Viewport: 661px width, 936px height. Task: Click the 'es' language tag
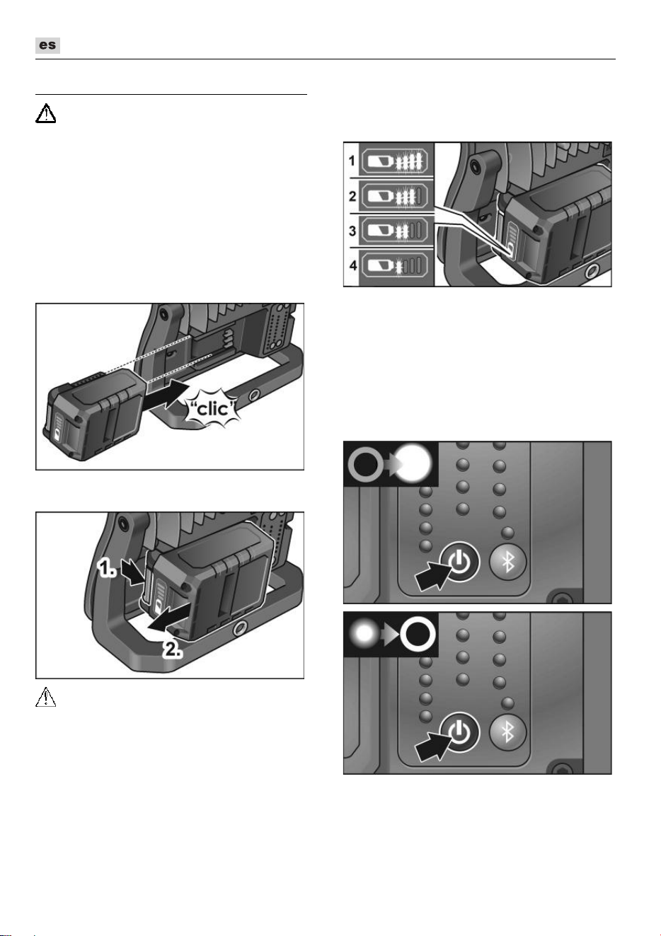pyautogui.click(x=47, y=45)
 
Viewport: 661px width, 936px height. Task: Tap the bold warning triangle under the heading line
pyautogui.click(x=45, y=113)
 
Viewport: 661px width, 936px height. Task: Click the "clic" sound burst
pyautogui.click(x=214, y=408)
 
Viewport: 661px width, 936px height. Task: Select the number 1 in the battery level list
pyautogui.click(x=352, y=161)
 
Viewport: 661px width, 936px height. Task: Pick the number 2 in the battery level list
pyautogui.click(x=352, y=195)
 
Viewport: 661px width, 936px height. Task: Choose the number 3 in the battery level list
pyautogui.click(x=352, y=231)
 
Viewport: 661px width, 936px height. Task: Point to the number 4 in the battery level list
pyautogui.click(x=353, y=265)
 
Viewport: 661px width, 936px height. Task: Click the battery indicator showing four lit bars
pyautogui.click(x=395, y=161)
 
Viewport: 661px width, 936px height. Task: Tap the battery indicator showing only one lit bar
pyautogui.click(x=395, y=265)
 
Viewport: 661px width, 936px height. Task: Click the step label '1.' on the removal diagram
pyautogui.click(x=106, y=569)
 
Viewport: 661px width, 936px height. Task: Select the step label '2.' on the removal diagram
pyautogui.click(x=173, y=649)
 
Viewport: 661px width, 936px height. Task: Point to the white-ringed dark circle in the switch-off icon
pyautogui.click(x=418, y=634)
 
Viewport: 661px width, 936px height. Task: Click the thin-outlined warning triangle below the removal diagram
pyautogui.click(x=45, y=697)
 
